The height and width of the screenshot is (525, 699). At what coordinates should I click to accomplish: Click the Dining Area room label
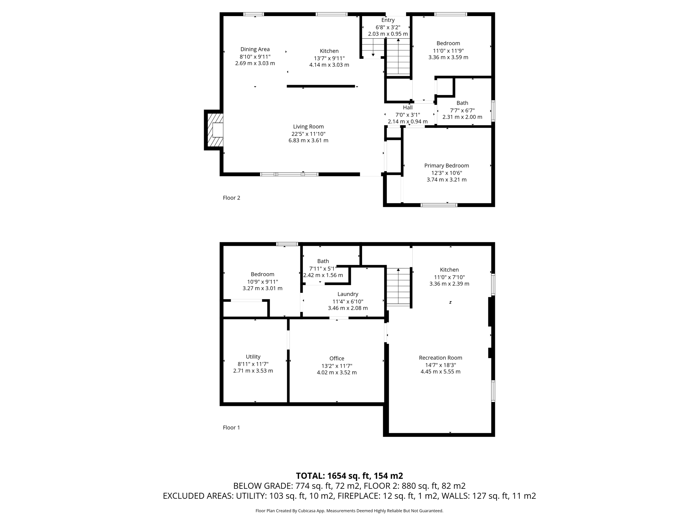pyautogui.click(x=255, y=49)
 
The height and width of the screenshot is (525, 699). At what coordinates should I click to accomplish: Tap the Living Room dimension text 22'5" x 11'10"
pyautogui.click(x=308, y=134)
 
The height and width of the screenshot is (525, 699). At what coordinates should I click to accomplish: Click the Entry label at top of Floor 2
pyautogui.click(x=388, y=20)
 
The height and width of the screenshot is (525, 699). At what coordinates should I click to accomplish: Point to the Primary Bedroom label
pyautogui.click(x=446, y=165)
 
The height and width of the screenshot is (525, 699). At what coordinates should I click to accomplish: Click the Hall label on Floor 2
pyautogui.click(x=408, y=108)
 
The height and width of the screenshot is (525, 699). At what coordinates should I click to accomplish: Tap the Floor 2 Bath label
pyautogui.click(x=462, y=103)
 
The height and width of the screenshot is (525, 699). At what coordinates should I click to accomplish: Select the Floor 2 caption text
pyautogui.click(x=231, y=198)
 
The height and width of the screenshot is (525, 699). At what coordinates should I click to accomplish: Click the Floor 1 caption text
pyautogui.click(x=231, y=427)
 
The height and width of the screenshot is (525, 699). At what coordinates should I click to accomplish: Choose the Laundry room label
pyautogui.click(x=348, y=294)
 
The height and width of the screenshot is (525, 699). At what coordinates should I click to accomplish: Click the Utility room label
pyautogui.click(x=253, y=356)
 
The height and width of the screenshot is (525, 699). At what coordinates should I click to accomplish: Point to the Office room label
pyautogui.click(x=337, y=358)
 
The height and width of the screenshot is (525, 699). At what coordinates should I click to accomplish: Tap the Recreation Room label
pyautogui.click(x=440, y=358)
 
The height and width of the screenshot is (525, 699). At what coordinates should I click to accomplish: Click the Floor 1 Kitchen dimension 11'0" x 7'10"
pyautogui.click(x=449, y=277)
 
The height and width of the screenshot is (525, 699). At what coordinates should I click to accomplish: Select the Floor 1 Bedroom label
pyautogui.click(x=262, y=274)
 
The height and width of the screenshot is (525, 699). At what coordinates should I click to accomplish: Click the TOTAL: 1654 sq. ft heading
pyautogui.click(x=349, y=476)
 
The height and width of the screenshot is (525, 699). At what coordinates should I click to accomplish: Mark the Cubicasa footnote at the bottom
pyautogui.click(x=349, y=511)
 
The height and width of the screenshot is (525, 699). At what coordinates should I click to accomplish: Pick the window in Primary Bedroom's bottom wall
pyautogui.click(x=439, y=205)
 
